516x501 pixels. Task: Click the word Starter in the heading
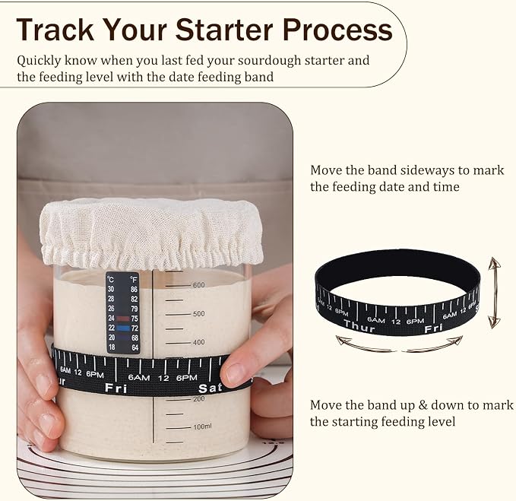tap(224, 30)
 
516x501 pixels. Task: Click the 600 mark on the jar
tap(198, 285)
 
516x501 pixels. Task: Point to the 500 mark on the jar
tap(198, 314)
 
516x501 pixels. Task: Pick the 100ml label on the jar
tap(202, 426)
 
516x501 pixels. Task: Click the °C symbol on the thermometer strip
tap(111, 280)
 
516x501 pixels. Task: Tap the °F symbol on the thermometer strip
tap(134, 280)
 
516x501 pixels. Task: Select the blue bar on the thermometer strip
tap(123, 328)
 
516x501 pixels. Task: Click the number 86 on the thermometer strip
tap(134, 290)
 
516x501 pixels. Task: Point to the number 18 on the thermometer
tap(112, 347)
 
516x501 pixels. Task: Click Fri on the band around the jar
tap(116, 388)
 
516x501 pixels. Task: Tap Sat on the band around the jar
tap(210, 388)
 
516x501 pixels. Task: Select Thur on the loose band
tap(359, 325)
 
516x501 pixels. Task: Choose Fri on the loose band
tap(433, 328)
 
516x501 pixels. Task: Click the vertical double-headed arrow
tap(494, 293)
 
